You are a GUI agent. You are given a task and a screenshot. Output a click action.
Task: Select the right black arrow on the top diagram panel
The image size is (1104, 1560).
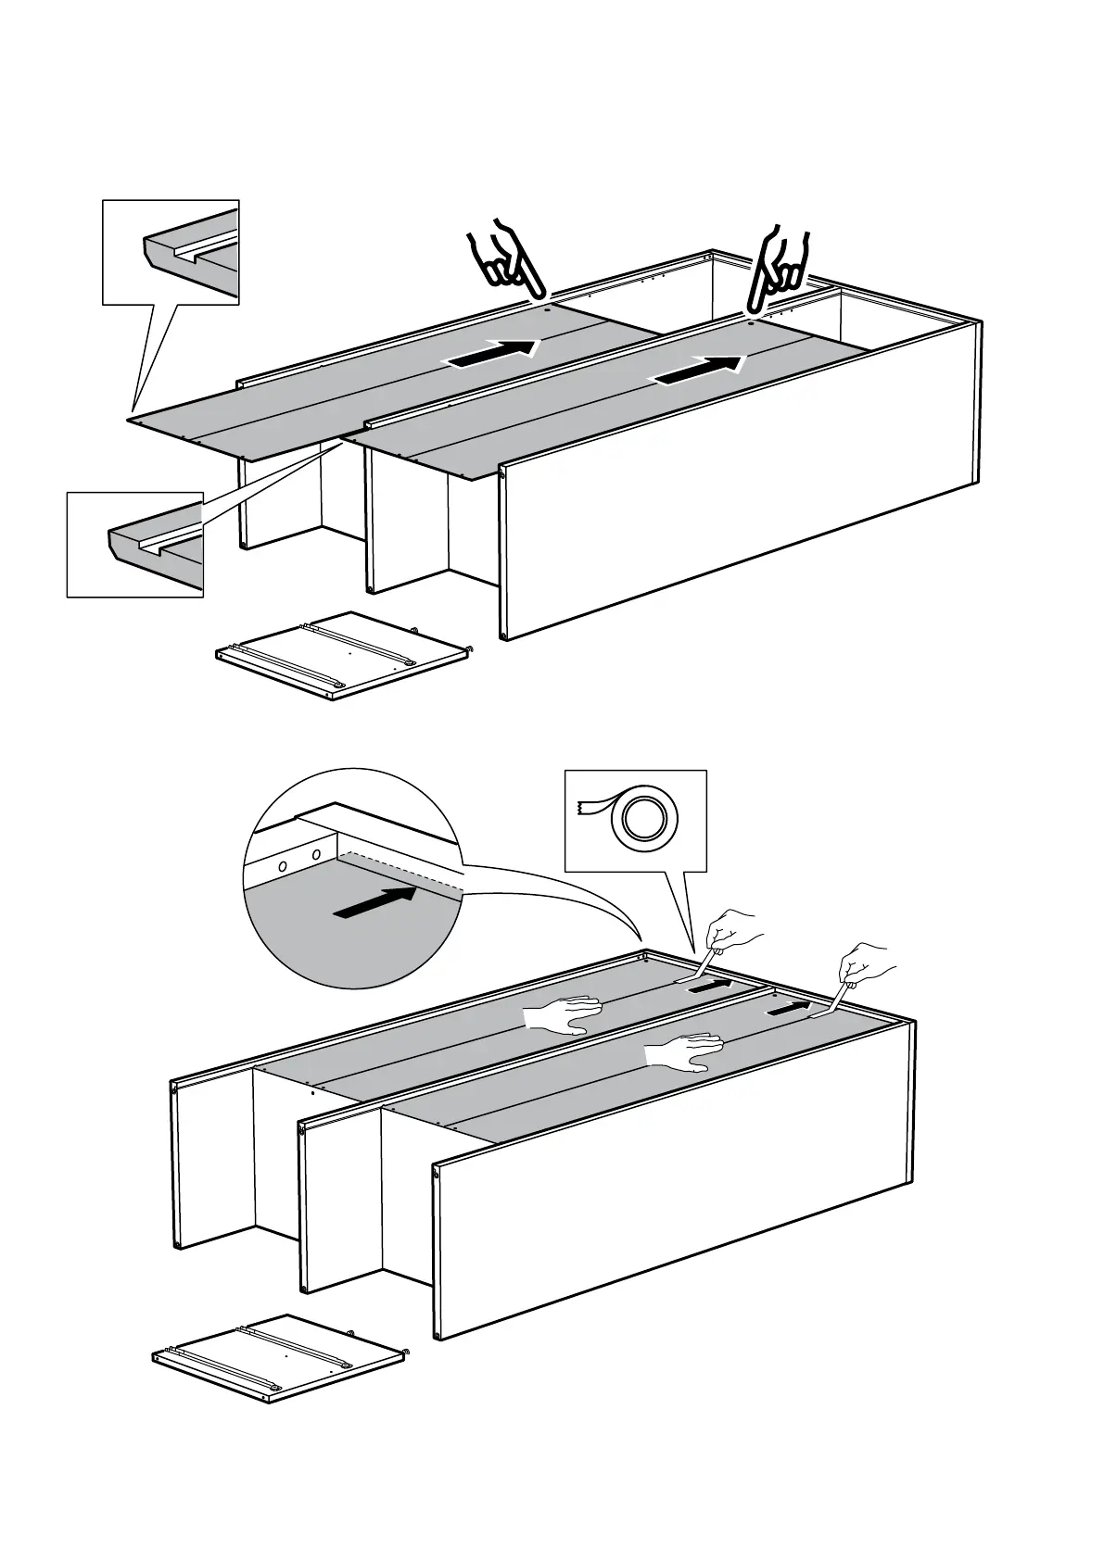700,370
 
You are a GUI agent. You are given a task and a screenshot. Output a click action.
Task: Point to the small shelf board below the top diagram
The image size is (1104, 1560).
339,655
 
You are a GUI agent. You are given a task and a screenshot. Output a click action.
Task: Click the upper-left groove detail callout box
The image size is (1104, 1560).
171,252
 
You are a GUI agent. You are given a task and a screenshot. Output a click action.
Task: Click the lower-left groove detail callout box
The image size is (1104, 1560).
135,545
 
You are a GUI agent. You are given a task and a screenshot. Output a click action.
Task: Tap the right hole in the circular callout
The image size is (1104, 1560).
317,854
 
